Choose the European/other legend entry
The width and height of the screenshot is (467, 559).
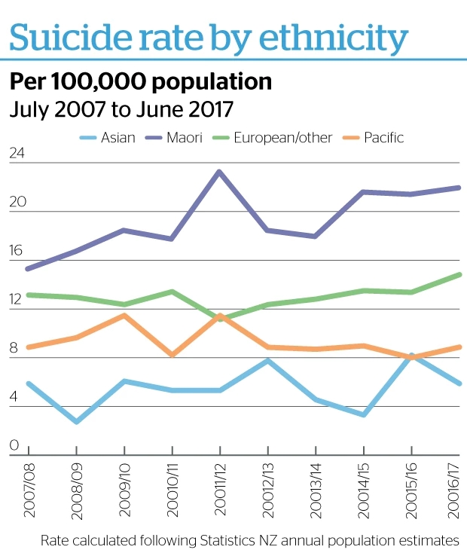coord(282,138)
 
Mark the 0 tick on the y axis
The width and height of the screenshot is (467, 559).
coord(13,446)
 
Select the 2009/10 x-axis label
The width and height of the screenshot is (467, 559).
coord(124,490)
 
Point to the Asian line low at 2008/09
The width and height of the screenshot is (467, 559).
coord(76,421)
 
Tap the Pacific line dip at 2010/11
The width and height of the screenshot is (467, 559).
coord(172,355)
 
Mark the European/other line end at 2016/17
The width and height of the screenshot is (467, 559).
coord(458,275)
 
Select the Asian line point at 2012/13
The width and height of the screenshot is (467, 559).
coord(267,360)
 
